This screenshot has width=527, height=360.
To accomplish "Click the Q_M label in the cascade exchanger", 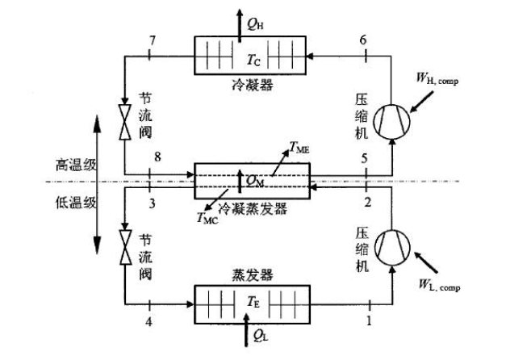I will tap(255, 179).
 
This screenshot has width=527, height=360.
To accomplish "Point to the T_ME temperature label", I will tap(300, 149).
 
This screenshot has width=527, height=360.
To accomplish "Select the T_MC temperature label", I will tap(206, 218).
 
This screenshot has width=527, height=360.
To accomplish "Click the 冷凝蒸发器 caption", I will tap(250, 205).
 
